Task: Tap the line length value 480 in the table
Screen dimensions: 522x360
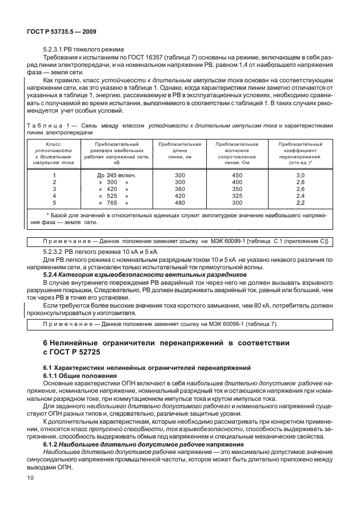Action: click(179, 202)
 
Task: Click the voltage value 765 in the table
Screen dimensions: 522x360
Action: click(112, 202)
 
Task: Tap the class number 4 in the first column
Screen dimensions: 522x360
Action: click(54, 195)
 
